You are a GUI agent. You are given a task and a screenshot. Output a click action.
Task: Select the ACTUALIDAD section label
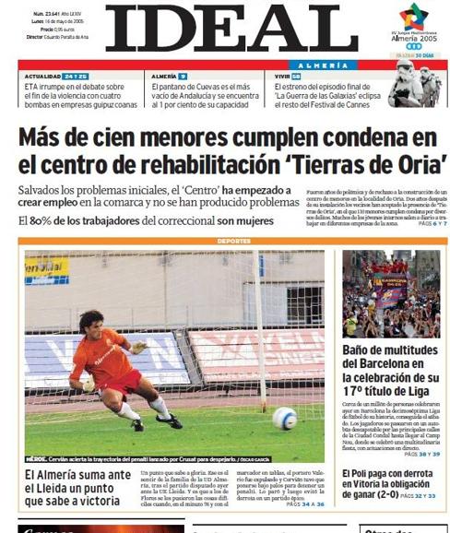click(x=42, y=76)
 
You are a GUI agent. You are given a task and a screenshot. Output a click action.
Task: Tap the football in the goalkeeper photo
click(x=284, y=418)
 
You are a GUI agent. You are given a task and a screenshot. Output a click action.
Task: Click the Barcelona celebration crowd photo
click(x=389, y=292)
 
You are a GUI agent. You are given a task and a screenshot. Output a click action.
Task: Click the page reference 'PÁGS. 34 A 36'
click(x=305, y=503)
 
